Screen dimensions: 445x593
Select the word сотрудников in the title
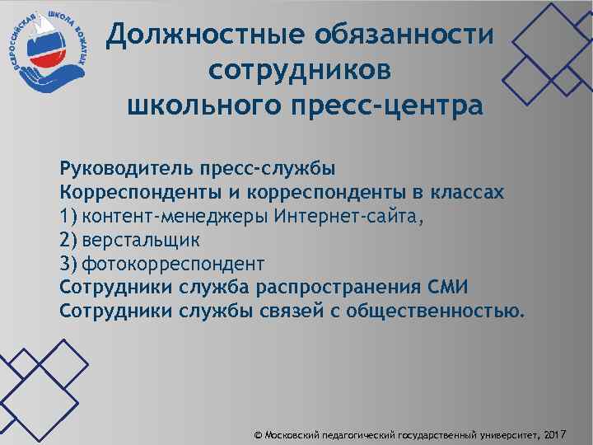(301, 71)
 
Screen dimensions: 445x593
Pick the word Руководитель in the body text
(124, 170)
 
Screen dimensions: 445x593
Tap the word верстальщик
(141, 240)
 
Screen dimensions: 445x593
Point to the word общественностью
(435, 311)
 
